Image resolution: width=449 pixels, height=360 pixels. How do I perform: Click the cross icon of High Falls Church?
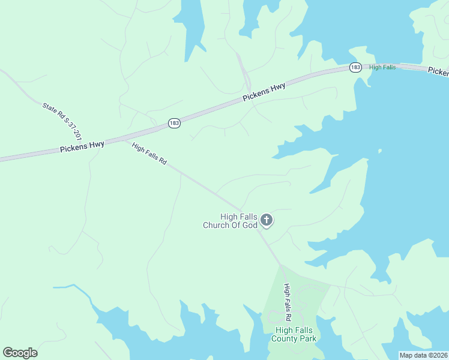click(267, 221)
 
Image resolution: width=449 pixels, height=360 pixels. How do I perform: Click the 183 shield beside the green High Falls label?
click(355, 68)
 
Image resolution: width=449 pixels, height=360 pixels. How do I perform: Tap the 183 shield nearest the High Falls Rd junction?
click(174, 123)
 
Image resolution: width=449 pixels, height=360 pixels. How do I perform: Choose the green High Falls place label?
click(382, 67)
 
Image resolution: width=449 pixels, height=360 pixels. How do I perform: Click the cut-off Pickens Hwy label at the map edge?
click(438, 72)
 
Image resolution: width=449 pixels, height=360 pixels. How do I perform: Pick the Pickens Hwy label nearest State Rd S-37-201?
click(82, 146)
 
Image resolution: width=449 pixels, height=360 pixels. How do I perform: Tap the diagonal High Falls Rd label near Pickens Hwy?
click(149, 154)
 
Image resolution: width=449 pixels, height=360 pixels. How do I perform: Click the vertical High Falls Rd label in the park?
click(288, 302)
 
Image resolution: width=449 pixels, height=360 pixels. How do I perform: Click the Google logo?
click(20, 353)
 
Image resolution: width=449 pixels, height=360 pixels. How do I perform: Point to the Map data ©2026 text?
click(423, 355)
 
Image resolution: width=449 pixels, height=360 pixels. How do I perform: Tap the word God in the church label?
click(250, 226)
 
